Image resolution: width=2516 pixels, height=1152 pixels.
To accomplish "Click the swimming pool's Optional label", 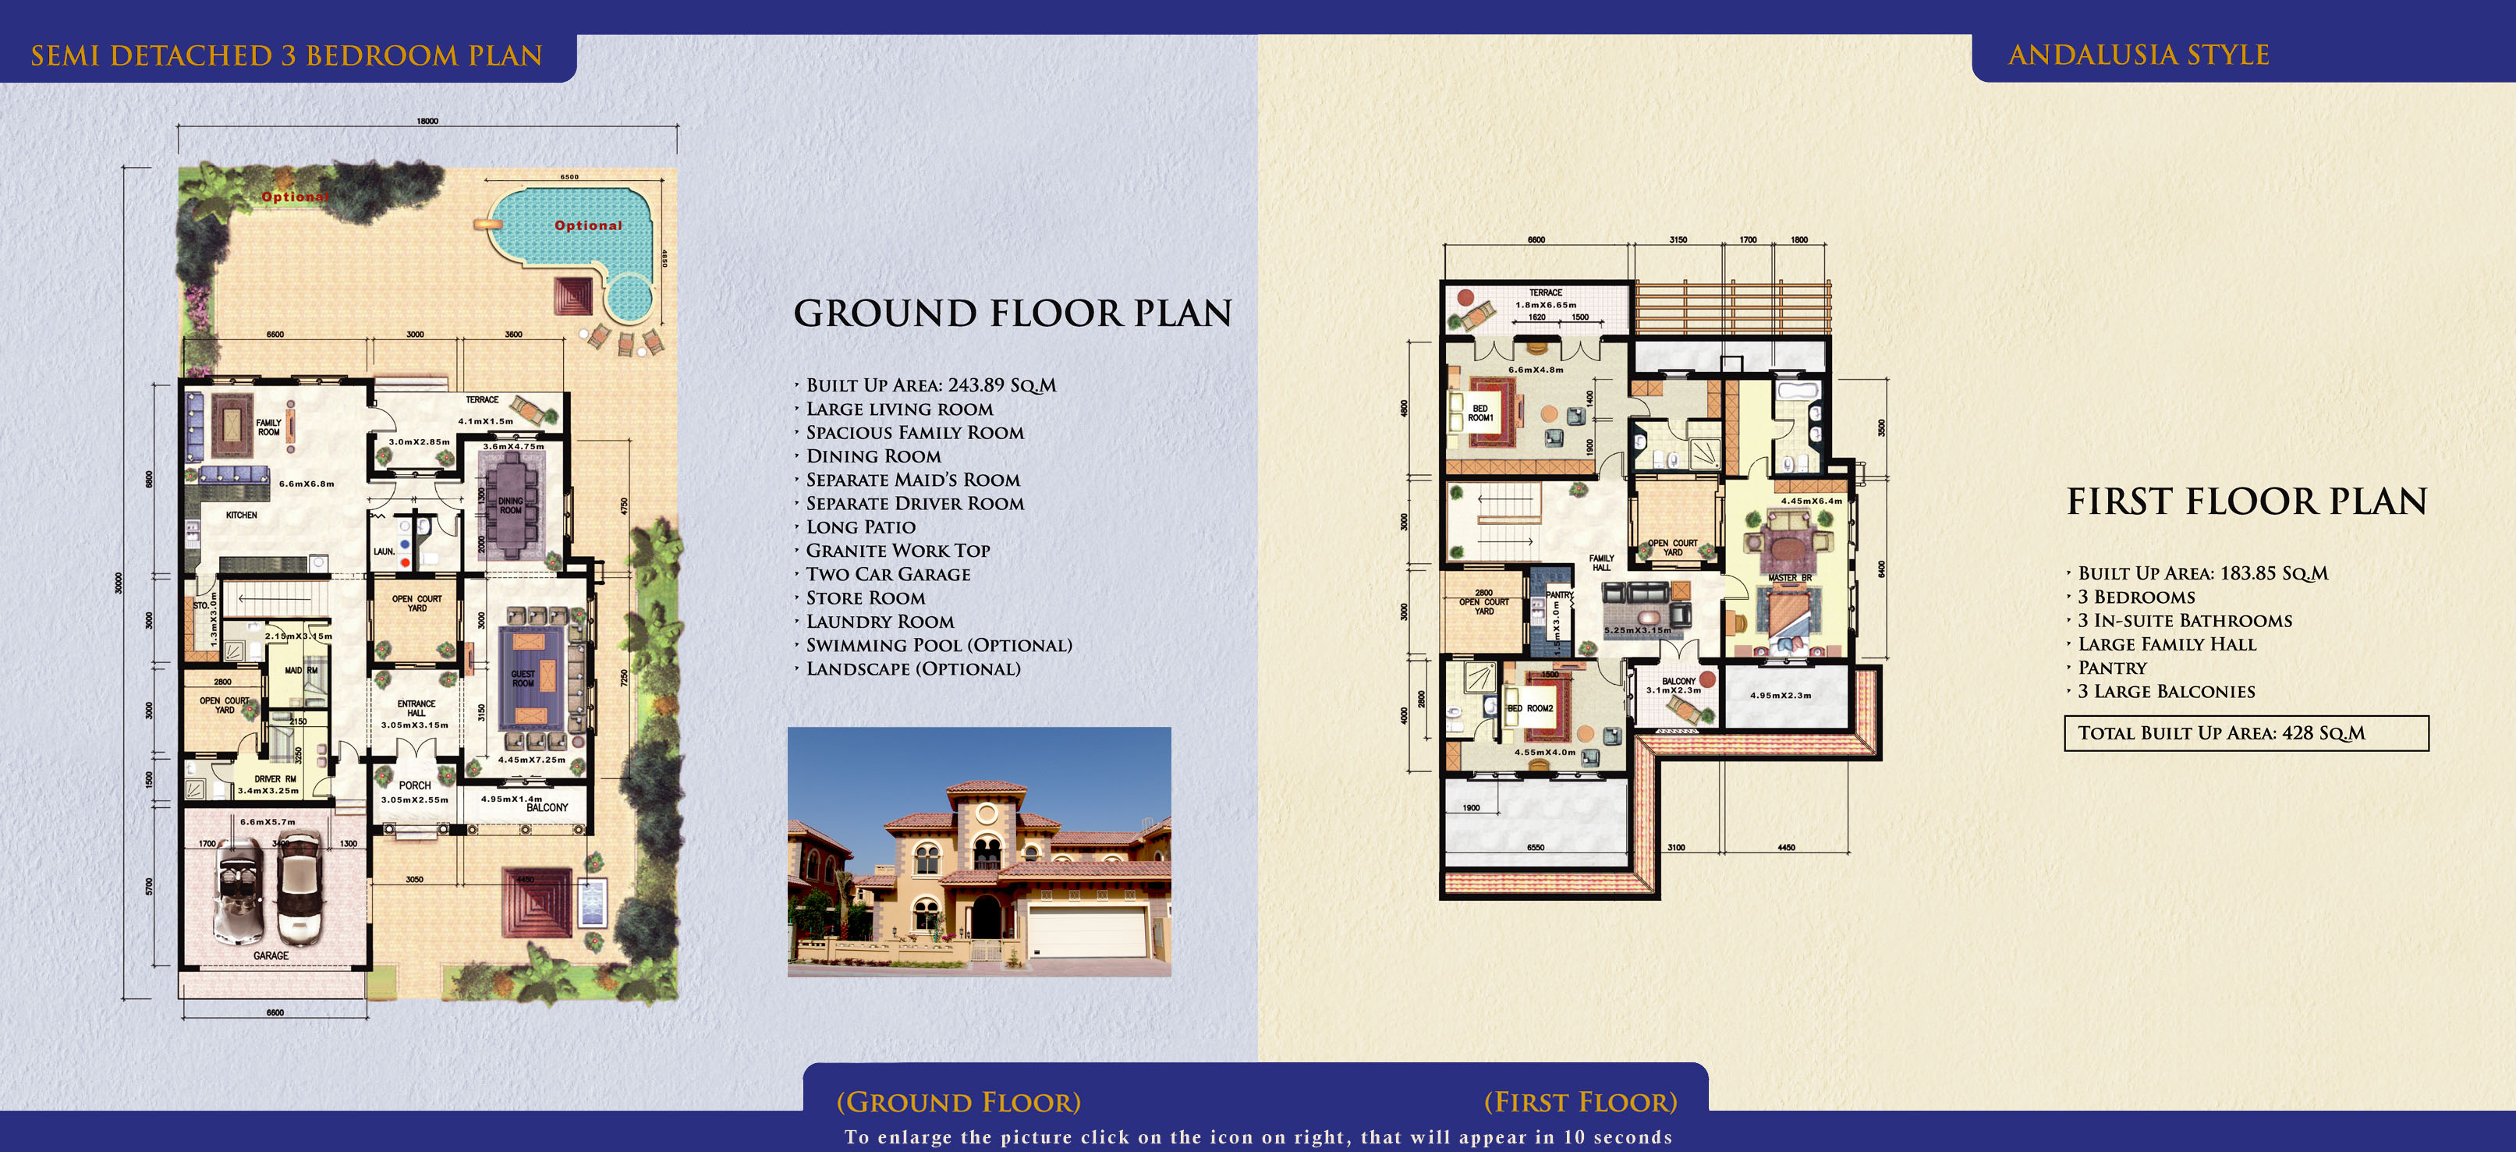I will [x=588, y=225].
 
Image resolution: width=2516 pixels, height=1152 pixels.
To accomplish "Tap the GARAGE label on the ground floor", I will [x=271, y=955].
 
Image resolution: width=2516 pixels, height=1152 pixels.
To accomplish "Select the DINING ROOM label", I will [x=511, y=505].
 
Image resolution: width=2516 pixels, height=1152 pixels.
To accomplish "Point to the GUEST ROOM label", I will [x=523, y=678].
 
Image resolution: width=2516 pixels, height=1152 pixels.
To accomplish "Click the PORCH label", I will [x=415, y=785].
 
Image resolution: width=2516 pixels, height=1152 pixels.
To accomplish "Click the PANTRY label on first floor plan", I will [x=1559, y=595].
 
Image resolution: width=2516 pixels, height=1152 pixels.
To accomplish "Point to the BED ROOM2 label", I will [x=1529, y=708].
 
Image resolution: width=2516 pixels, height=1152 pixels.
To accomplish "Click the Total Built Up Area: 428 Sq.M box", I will [x=2245, y=733].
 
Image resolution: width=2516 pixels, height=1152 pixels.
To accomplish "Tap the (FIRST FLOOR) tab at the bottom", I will [x=1580, y=1102].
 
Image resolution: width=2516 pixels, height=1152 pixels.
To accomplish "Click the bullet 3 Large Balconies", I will [x=2167, y=692].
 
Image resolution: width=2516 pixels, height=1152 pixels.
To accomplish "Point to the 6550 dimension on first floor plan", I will [x=1536, y=847].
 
